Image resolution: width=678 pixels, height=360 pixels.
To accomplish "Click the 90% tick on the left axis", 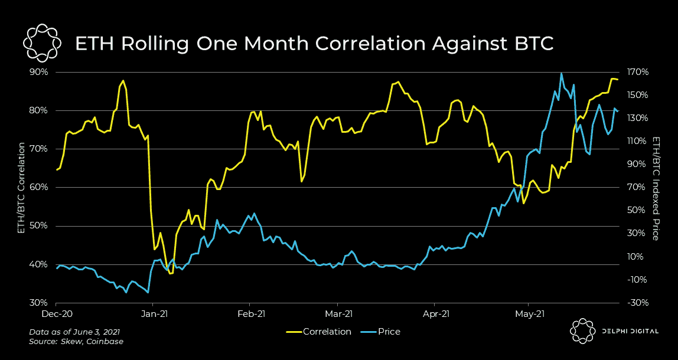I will click(39, 72).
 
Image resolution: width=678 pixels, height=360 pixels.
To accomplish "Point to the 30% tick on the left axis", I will click(39, 303).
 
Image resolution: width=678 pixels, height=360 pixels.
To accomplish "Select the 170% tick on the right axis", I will click(638, 72).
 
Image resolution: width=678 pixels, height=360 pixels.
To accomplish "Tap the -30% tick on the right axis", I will click(638, 303).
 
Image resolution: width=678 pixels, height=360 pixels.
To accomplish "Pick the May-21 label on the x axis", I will click(529, 313).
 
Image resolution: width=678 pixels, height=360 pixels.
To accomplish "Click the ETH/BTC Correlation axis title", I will click(21, 188).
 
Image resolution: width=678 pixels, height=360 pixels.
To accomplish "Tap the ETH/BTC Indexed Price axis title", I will click(656, 188).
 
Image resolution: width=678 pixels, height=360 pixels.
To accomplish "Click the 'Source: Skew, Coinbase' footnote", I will click(76, 341).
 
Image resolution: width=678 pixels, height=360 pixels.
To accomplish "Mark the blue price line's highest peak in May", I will click(561, 74).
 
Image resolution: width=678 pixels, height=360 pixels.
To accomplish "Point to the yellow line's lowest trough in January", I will click(171, 273).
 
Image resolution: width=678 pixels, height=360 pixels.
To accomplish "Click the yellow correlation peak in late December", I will click(123, 81).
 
